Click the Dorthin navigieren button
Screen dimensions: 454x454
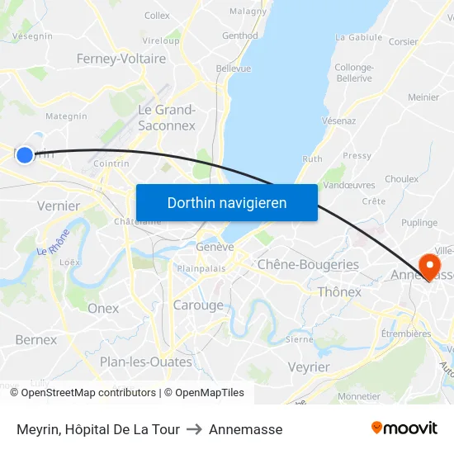[x=226, y=202]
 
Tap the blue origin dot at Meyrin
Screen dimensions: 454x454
[x=25, y=154]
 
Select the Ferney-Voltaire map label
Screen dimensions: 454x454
[x=121, y=59]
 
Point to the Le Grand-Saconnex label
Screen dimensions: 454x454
[x=167, y=117]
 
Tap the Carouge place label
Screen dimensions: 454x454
[x=198, y=305]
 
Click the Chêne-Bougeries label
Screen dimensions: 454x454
[x=308, y=264]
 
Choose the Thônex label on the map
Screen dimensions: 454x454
[x=339, y=291]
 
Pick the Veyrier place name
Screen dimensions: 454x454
[x=309, y=367]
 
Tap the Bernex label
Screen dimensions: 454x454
[x=36, y=339]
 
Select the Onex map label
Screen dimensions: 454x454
[x=103, y=308]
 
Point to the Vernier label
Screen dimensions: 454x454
[x=59, y=206]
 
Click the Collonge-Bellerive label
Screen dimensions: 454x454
[x=354, y=73]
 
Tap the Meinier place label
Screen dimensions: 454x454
[x=423, y=97]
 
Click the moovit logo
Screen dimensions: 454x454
[x=404, y=428]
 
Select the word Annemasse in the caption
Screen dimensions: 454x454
[x=245, y=429]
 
